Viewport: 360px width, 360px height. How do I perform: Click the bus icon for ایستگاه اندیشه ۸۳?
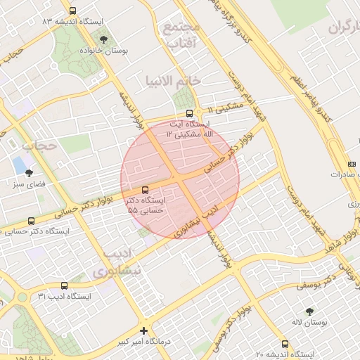pos(74,11)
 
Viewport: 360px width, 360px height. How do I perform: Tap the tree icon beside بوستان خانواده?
pos(104,40)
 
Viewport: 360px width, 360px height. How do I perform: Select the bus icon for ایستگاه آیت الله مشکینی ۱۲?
pos(189,113)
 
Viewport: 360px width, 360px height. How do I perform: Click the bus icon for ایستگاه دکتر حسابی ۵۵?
pos(146,190)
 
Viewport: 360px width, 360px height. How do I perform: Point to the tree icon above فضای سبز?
pos(29,172)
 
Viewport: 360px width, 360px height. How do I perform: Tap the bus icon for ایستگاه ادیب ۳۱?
pos(65,285)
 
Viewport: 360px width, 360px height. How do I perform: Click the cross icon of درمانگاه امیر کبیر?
pos(144,330)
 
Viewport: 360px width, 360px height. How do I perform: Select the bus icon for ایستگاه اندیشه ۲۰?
pos(285,344)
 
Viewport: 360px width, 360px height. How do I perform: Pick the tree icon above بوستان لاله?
pos(309,311)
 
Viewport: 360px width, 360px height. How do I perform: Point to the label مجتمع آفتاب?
pos(181,35)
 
